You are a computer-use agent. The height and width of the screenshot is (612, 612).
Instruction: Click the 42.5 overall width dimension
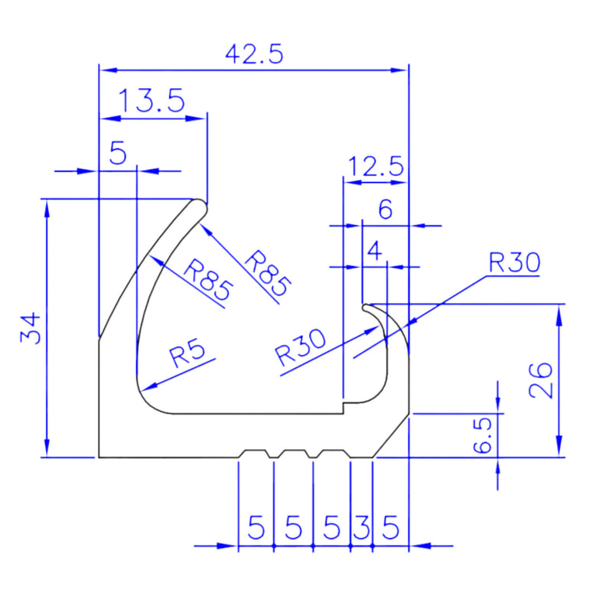[x=255, y=54]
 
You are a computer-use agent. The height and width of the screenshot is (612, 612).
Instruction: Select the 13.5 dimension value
[x=151, y=101]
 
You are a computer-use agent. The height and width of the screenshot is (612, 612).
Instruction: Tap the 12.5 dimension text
[x=376, y=166]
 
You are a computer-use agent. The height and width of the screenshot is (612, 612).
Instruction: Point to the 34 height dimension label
[x=31, y=327]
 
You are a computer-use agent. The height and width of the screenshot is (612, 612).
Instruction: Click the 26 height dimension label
[x=541, y=379]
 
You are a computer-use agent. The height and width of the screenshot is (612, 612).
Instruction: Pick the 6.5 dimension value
[x=483, y=435]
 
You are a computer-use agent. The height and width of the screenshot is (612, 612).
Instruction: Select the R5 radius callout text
[x=187, y=352]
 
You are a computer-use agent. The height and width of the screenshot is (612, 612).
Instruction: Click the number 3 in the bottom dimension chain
[x=362, y=527]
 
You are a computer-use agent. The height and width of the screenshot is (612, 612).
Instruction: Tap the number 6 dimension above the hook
[x=386, y=210]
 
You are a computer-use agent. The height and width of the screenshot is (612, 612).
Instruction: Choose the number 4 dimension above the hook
[x=375, y=251]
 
